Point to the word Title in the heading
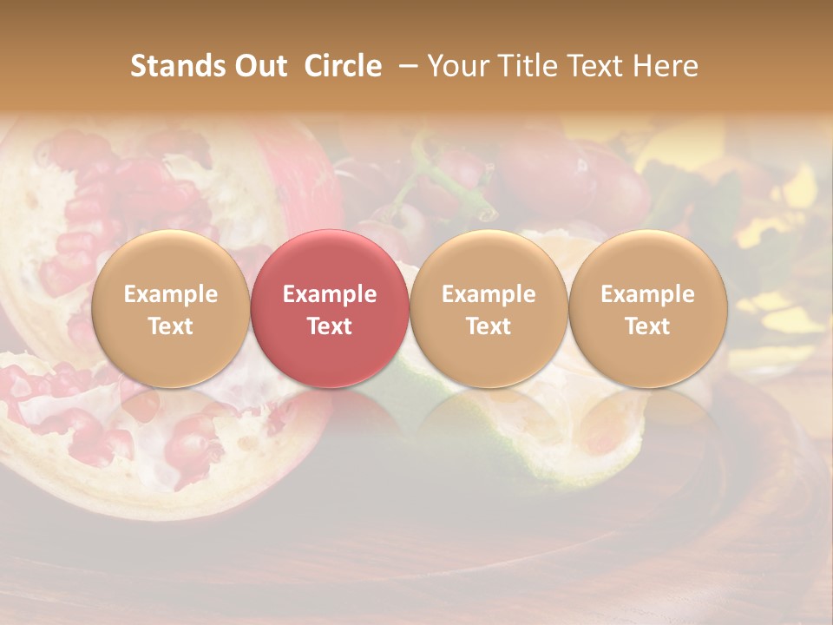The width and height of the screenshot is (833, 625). pos(531,66)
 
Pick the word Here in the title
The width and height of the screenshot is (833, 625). pos(667,66)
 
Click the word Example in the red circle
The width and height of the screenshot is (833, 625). pos(330,294)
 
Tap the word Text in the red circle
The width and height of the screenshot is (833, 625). pos(330,326)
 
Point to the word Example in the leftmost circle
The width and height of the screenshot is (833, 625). pos(170,294)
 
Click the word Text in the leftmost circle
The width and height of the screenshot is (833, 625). pos(170,326)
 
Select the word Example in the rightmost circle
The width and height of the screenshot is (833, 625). pos(647,294)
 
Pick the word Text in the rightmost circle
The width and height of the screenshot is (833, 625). pos(647,326)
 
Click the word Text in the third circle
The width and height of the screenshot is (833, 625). pos(489,326)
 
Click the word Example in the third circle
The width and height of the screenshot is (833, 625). pos(489,294)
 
